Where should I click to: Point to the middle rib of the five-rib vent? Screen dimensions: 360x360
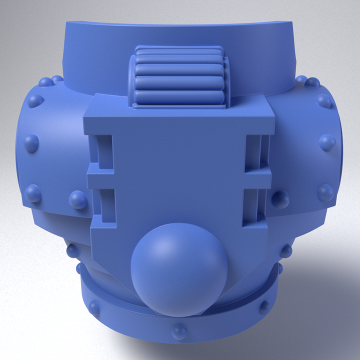(x=179, y=75)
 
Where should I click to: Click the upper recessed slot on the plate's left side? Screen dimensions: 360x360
(x=104, y=150)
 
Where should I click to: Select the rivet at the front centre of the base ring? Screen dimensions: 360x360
(x=178, y=330)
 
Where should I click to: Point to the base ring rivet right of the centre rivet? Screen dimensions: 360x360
(x=264, y=305)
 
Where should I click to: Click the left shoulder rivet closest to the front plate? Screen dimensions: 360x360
(x=78, y=199)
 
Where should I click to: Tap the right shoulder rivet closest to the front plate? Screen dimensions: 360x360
(x=280, y=199)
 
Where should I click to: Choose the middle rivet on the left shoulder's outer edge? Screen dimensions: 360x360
(x=31, y=142)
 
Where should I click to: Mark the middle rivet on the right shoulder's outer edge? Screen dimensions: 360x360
(x=327, y=142)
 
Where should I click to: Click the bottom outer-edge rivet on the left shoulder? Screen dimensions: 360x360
(x=33, y=192)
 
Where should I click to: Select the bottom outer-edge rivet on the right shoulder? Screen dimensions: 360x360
(x=325, y=192)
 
